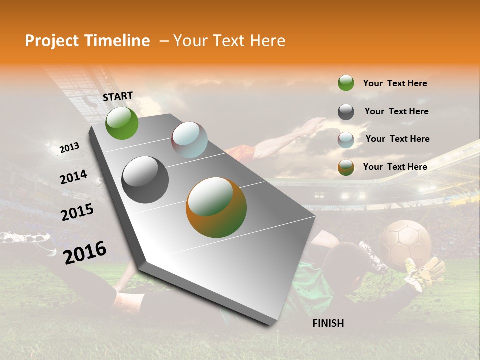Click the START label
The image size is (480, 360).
[x=118, y=96]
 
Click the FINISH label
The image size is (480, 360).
[x=328, y=323]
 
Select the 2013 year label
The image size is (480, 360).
[x=69, y=148]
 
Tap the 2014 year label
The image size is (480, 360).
[x=73, y=177]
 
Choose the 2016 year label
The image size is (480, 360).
[x=85, y=252]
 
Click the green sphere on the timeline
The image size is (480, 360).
[x=122, y=123]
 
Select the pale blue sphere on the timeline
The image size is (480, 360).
[x=189, y=140]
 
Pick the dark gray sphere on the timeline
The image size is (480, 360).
[x=145, y=179]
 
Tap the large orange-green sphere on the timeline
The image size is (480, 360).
[x=216, y=207]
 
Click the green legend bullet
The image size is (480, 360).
[x=346, y=83]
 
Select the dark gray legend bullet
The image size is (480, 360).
[x=346, y=112]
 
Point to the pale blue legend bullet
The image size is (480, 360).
[x=346, y=140]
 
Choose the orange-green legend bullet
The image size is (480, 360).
[x=346, y=167]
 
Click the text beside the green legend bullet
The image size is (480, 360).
[x=395, y=83]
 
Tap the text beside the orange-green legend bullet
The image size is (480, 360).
[x=395, y=167]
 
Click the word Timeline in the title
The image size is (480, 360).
[x=118, y=41]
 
